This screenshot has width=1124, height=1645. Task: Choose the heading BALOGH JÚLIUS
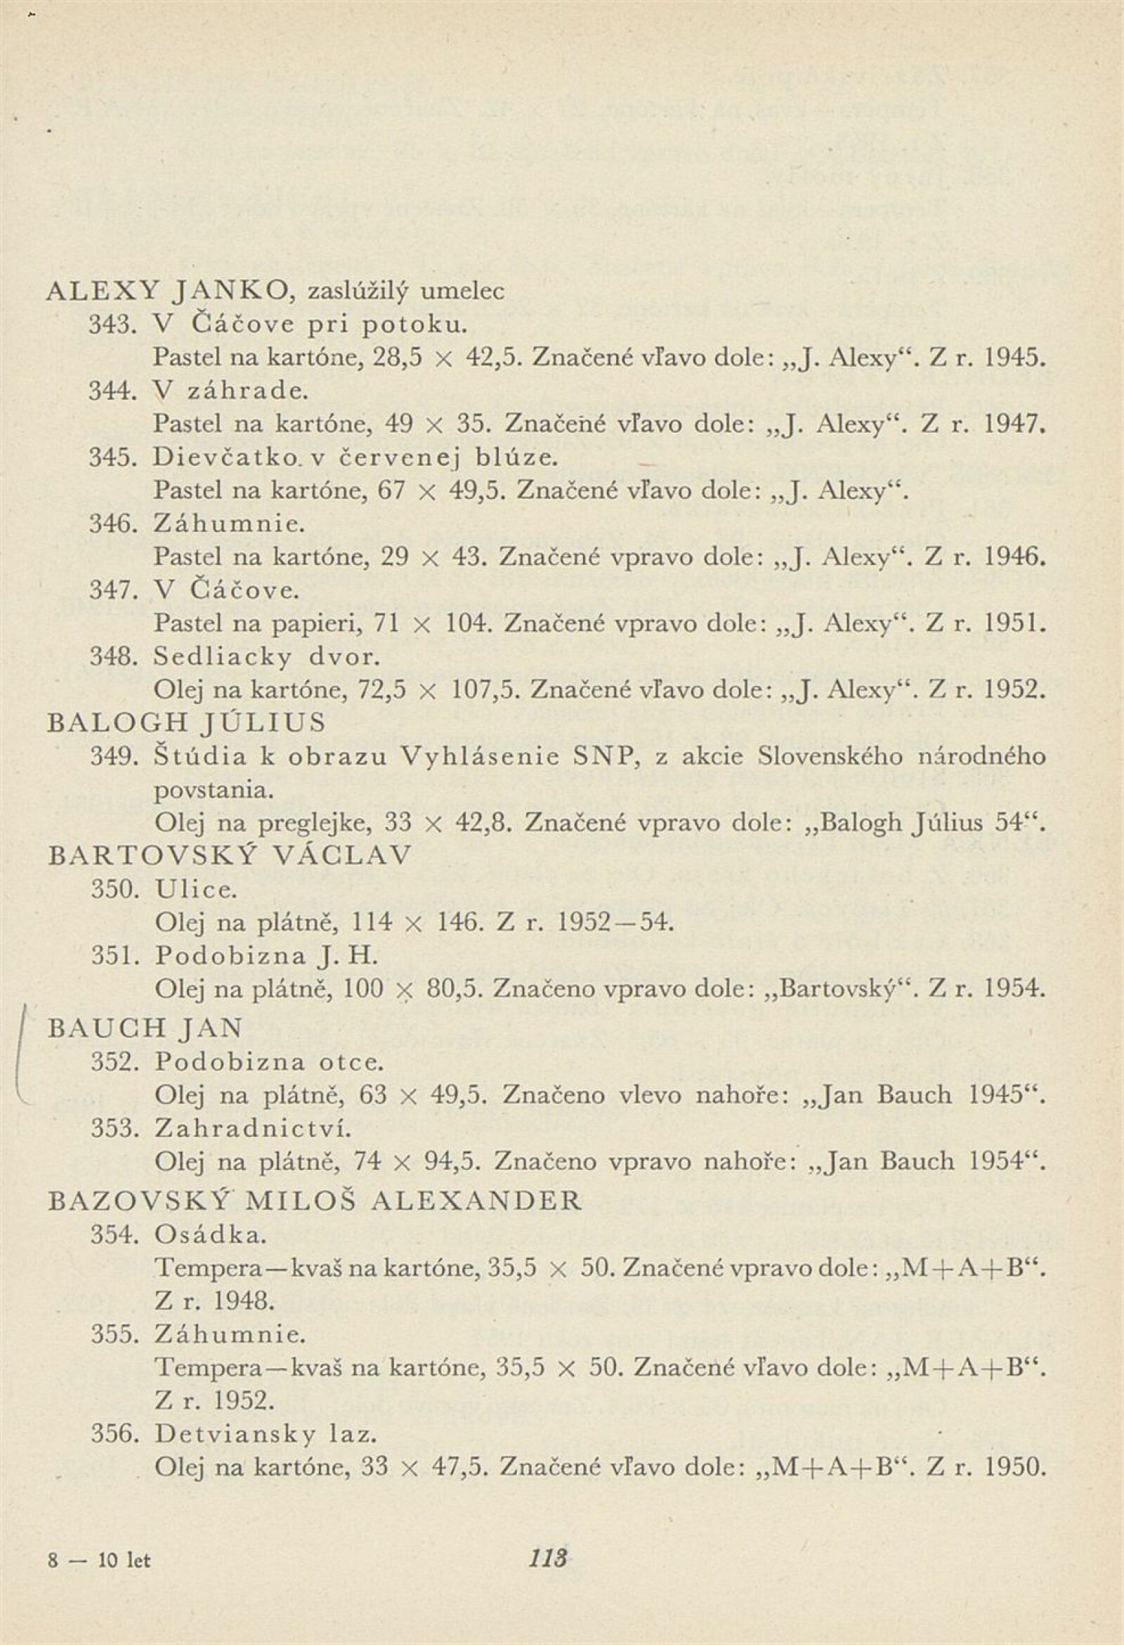point(187,723)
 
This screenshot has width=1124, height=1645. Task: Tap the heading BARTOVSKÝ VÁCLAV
point(229,856)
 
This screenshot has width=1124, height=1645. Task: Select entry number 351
point(113,956)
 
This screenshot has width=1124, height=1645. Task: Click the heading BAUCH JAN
point(145,1027)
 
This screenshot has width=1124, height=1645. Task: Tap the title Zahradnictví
point(254,1129)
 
